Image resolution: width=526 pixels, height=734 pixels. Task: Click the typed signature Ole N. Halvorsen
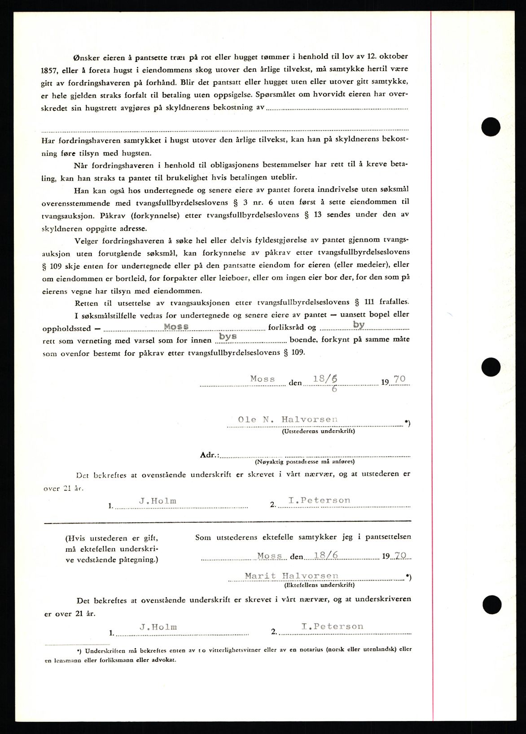288,419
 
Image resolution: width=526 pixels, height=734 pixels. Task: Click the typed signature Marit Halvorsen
291,576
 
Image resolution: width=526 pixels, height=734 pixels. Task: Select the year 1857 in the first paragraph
51,70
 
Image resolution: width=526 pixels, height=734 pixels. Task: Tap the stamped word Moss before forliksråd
176,327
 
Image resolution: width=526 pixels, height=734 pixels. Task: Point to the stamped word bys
228,336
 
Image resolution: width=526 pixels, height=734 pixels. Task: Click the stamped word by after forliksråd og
359,324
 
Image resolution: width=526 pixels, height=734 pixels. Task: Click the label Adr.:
210,454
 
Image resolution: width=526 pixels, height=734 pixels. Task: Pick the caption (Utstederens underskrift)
318,431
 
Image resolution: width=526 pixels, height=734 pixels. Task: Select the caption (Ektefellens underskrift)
319,585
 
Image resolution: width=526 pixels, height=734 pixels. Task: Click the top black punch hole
491,127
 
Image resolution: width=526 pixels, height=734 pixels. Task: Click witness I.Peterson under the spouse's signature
332,626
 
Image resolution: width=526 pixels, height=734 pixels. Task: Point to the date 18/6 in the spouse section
326,555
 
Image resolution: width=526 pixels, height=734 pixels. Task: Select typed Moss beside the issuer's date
263,379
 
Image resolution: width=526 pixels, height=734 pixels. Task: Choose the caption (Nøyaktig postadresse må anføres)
304,461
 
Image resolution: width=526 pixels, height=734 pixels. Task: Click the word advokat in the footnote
164,660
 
